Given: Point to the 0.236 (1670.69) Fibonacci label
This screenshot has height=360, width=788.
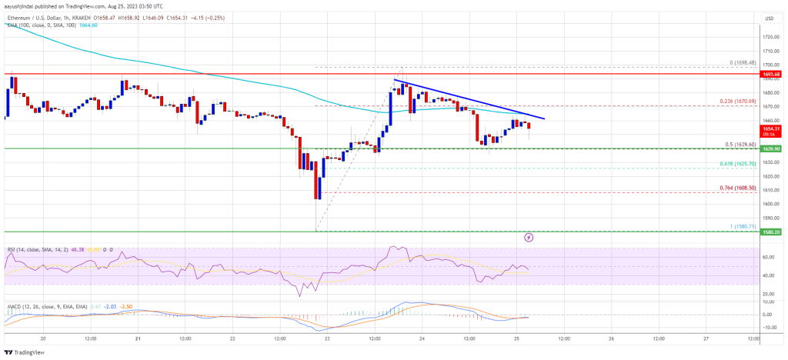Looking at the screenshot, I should point(732,102).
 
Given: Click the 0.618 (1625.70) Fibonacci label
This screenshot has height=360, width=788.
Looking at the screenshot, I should point(732,165).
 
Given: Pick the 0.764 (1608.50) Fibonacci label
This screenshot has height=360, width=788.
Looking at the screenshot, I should point(732,189).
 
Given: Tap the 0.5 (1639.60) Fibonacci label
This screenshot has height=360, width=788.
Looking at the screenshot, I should point(733,145).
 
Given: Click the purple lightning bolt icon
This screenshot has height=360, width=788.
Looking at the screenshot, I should point(529,238).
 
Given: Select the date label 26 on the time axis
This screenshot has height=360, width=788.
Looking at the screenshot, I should point(610,338).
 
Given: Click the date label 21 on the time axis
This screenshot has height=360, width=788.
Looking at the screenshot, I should point(137,338).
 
